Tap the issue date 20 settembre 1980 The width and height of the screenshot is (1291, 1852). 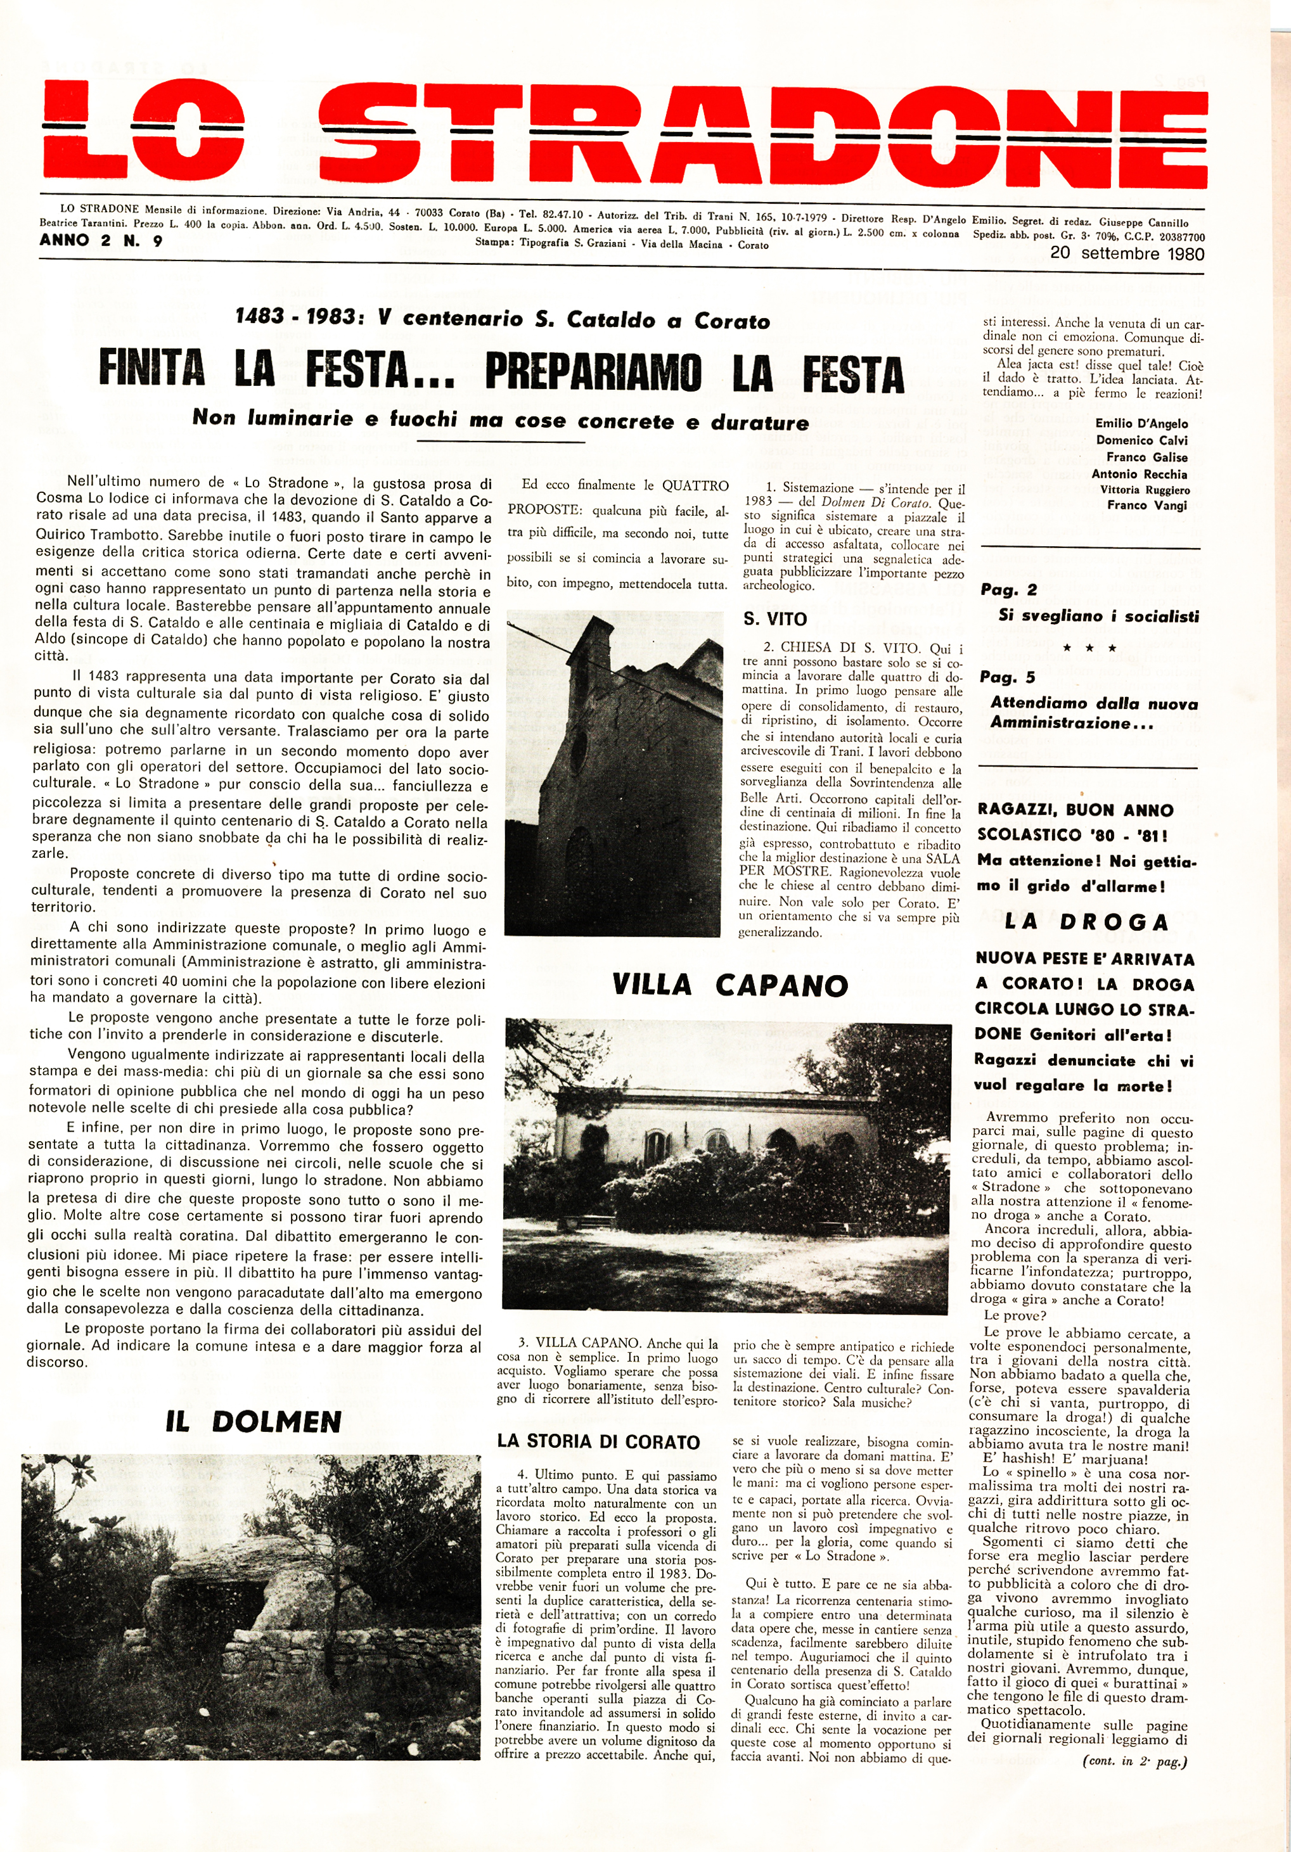point(1127,253)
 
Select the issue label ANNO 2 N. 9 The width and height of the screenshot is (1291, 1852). point(101,240)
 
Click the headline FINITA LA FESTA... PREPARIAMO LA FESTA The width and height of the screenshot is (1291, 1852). point(500,372)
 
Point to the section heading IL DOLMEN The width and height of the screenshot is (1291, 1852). point(254,1421)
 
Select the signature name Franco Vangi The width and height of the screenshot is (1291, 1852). point(1146,505)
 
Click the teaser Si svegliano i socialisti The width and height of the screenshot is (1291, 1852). point(1098,616)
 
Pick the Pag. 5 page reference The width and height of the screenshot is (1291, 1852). point(1007,677)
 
